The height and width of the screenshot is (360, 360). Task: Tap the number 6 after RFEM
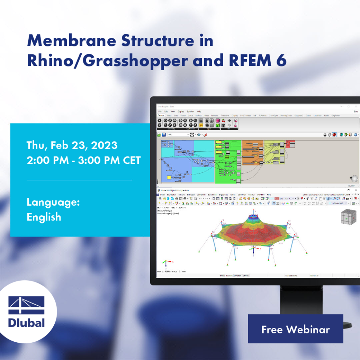pos(281,61)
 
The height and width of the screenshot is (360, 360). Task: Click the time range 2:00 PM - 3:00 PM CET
pos(84,160)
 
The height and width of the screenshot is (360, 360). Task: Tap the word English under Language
pos(44,217)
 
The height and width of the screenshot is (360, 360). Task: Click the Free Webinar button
pos(295,329)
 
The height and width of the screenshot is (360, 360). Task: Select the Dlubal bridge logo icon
pos(27,305)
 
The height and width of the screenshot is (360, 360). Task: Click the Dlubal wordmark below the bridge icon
pos(27,323)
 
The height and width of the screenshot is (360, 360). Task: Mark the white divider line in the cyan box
pos(79,180)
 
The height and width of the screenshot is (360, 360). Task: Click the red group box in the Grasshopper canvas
pos(290,144)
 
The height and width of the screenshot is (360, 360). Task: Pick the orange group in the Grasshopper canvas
pos(252,152)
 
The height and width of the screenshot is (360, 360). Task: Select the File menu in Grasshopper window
pos(160,111)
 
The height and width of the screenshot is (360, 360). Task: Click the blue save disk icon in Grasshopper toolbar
pos(159,135)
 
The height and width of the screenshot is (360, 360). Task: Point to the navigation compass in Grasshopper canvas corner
pos(354,179)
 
